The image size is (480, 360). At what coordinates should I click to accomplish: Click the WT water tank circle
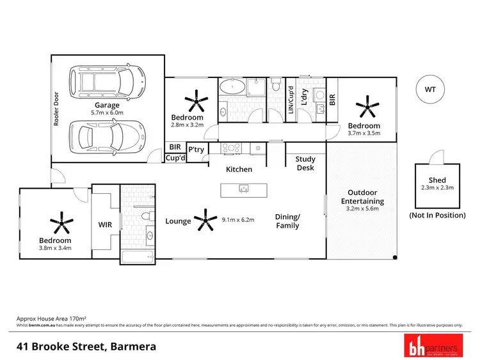pyautogui.click(x=428, y=90)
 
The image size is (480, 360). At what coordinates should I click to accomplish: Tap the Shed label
pyautogui.click(x=437, y=180)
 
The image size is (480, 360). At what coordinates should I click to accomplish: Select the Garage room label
pyautogui.click(x=108, y=105)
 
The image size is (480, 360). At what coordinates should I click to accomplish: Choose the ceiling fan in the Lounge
pyautogui.click(x=205, y=219)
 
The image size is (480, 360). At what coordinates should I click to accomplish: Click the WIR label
pyautogui.click(x=106, y=224)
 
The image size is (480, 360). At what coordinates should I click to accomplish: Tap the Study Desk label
pyautogui.click(x=305, y=164)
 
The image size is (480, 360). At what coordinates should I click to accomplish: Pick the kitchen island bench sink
pyautogui.click(x=244, y=188)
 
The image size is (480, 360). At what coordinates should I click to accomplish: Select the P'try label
pyautogui.click(x=195, y=150)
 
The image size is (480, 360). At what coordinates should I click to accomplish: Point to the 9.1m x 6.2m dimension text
pyautogui.click(x=238, y=220)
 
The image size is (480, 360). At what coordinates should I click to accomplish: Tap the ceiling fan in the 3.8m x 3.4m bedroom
pyautogui.click(x=62, y=222)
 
